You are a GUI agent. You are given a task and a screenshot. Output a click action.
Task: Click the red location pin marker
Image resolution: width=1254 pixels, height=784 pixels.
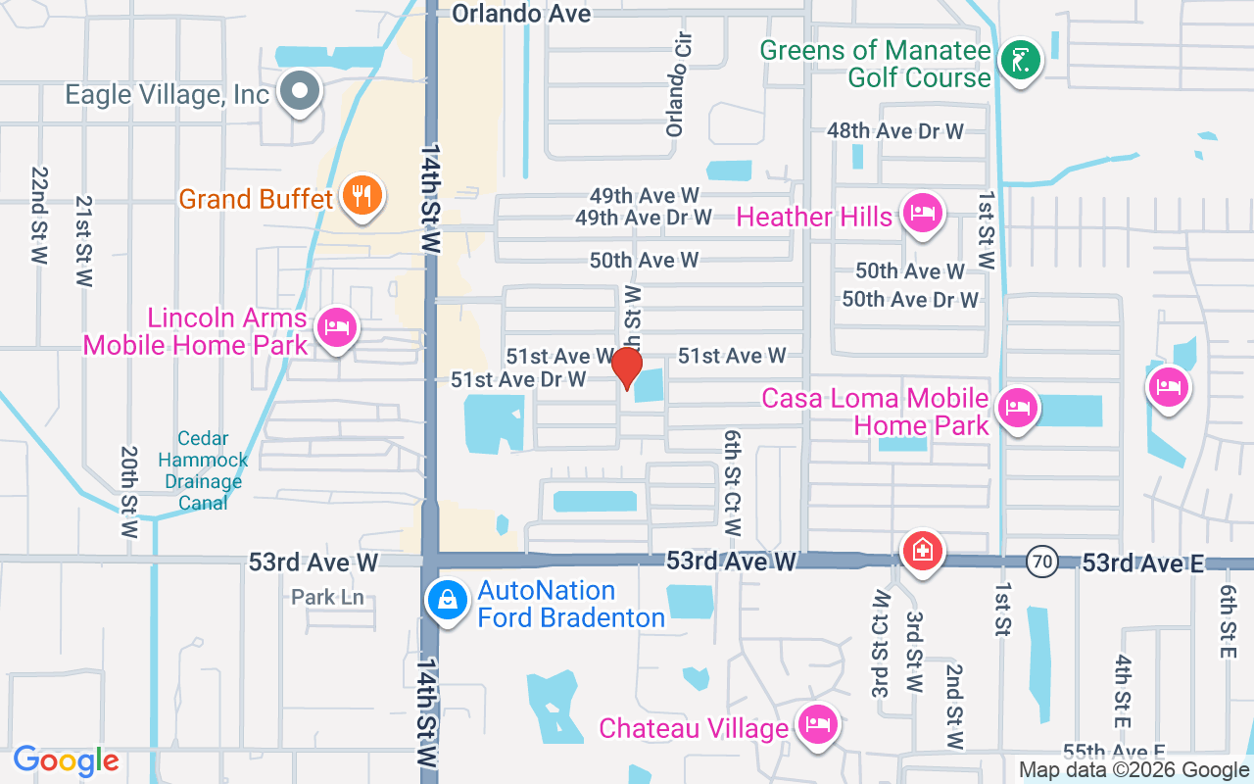point(627,367)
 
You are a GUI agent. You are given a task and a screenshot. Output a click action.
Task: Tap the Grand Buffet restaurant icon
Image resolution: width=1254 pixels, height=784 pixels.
point(362,196)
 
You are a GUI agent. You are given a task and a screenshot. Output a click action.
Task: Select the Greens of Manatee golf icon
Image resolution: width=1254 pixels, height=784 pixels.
point(1020,62)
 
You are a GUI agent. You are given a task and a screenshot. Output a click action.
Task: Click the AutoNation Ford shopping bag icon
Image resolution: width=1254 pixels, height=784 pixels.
point(447,600)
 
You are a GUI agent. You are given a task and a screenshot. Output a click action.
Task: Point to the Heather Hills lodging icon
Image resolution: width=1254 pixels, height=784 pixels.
point(922,213)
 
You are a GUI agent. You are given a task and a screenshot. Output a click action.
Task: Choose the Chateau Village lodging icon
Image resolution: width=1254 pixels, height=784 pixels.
point(816,725)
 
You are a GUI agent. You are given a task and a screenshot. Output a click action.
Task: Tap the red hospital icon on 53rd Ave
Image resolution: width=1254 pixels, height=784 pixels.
point(922,550)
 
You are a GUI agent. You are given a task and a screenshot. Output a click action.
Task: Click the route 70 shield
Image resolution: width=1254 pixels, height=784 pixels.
point(1041,563)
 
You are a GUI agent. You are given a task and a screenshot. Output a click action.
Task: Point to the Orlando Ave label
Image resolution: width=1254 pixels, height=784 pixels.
point(521,13)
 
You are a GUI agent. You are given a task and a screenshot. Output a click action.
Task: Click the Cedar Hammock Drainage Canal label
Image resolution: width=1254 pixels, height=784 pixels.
point(203,470)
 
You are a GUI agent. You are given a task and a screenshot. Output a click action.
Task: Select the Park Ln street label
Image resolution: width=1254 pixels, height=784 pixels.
point(327,597)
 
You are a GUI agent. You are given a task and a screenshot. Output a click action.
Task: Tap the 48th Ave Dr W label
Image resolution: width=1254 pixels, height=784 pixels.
point(895,130)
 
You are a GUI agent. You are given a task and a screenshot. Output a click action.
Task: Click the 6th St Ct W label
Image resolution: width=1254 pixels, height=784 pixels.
point(733,482)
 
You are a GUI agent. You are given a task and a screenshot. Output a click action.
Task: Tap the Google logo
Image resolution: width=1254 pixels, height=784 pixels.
point(66,760)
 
